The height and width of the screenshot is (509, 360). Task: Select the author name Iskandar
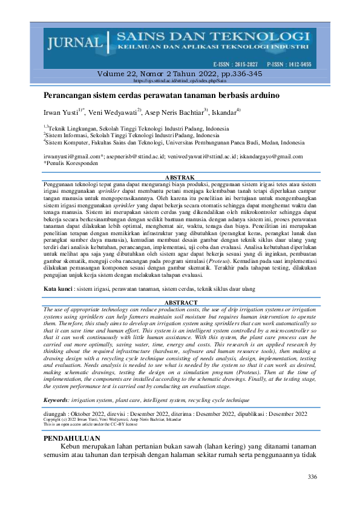pyautogui.click(x=224, y=112)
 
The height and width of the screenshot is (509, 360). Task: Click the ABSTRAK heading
pyautogui.click(x=180, y=177)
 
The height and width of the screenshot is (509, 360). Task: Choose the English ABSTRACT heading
pyautogui.click(x=180, y=302)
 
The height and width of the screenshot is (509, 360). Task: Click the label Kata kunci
pyautogui.click(x=59, y=290)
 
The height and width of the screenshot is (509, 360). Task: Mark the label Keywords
pyautogui.click(x=59, y=400)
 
